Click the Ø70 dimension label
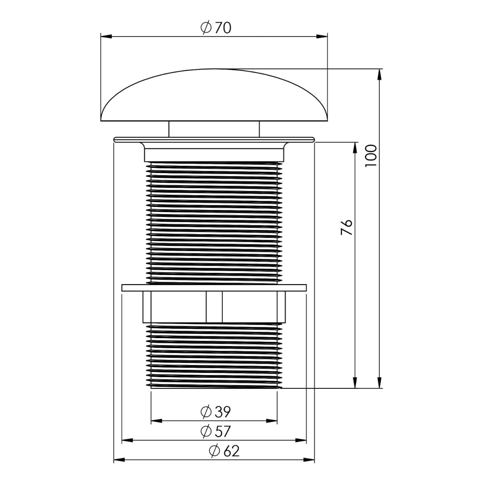point(216,28)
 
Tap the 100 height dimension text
point(371,156)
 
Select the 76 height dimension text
point(347,227)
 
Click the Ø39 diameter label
point(215,412)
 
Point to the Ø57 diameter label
point(215,431)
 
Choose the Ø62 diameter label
point(224,451)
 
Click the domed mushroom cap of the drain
point(214,95)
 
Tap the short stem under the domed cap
point(214,129)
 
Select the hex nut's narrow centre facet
point(214,307)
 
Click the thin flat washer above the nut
point(214,287)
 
